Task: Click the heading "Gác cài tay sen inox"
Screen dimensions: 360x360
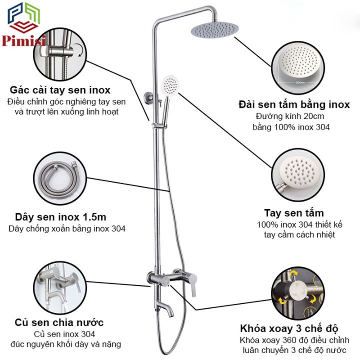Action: [60, 90]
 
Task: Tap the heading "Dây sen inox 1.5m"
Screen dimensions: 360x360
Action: [61, 217]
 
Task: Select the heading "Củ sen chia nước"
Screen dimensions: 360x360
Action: [59, 322]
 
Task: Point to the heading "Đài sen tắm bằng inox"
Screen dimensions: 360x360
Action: [294, 104]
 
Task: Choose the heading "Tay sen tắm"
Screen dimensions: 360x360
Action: [294, 213]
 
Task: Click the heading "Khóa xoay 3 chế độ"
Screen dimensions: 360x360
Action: [289, 328]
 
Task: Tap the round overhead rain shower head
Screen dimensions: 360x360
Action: [215, 30]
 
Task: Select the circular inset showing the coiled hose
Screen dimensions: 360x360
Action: [60, 178]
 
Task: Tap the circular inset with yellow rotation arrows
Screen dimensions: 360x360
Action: [298, 293]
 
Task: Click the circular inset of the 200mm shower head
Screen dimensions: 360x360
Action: [298, 68]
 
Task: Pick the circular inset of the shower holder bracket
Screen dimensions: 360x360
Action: [60, 54]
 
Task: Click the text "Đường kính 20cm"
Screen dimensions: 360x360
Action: [290, 116]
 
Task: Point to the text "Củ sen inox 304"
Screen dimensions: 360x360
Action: [64, 334]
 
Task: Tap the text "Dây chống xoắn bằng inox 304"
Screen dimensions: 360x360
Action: [67, 229]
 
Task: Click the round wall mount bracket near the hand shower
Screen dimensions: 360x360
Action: [148, 98]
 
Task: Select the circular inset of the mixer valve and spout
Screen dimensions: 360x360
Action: [60, 288]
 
